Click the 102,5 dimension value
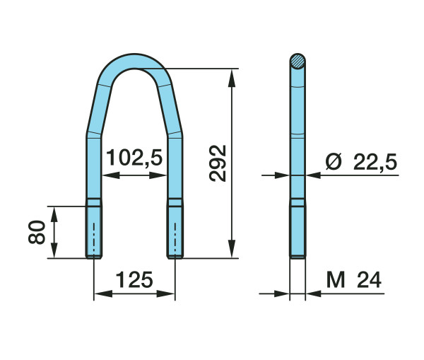pos(134,158)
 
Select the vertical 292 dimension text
pos(218,163)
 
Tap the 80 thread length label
pos(37,232)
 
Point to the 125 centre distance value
pos(134,279)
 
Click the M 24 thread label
pos(354,279)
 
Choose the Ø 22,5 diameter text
pos(361,162)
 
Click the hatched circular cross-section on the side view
pos(298,61)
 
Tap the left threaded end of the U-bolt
pos(94,232)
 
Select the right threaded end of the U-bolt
pos(175,232)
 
